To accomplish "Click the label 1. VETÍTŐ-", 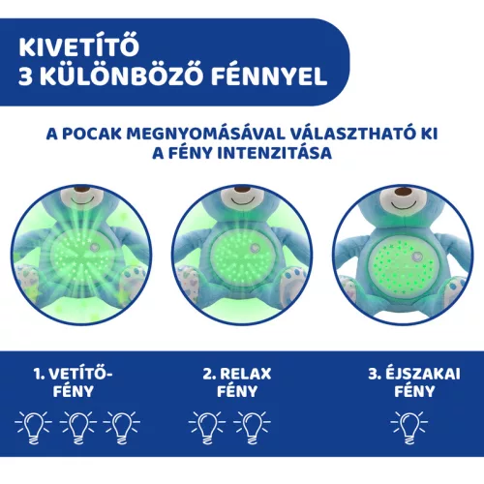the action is click(73, 374).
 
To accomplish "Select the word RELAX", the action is click(246, 374).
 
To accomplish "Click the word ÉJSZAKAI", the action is click(423, 374).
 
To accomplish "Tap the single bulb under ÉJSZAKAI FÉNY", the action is click(409, 427).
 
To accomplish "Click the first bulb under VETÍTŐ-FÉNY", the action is click(34, 427).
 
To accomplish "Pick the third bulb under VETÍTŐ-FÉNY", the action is click(122, 427).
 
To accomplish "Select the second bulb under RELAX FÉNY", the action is click(252, 427).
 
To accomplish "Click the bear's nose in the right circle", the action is click(404, 192).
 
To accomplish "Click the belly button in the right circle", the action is click(416, 257).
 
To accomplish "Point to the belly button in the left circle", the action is click(94, 247).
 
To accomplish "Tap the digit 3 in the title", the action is click(25, 76).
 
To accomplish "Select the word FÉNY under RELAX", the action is click(237, 391).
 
